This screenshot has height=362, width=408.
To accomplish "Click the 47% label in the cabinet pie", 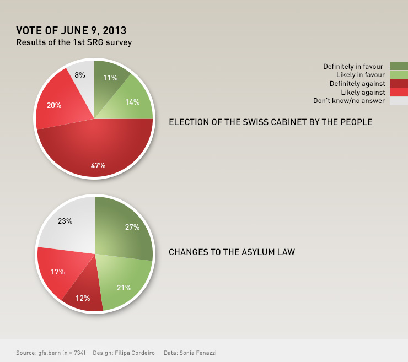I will coord(98,165).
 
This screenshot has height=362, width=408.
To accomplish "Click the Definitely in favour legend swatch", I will coord(399,66).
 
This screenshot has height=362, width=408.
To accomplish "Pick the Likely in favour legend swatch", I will coord(399,74).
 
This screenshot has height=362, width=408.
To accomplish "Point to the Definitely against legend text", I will coord(357,83).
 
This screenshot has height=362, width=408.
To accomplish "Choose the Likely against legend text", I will coord(362,92).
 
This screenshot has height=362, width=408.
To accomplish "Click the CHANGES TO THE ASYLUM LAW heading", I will coord(232,252).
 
